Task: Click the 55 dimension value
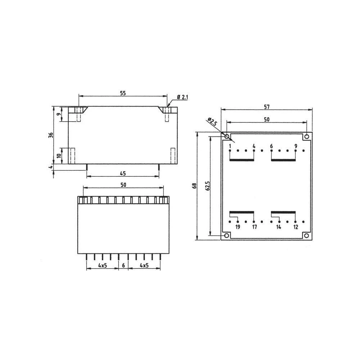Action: (123, 93)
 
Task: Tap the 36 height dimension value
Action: (51, 135)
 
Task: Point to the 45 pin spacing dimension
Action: (123, 174)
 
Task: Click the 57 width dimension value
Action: (266, 107)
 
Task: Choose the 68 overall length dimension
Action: (194, 186)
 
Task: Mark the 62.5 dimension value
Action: (207, 186)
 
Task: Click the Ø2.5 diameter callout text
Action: (212, 122)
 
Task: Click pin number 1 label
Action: (230, 146)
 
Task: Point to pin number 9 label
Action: (296, 146)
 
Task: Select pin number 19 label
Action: (238, 227)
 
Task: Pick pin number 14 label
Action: (279, 227)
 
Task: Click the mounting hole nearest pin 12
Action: (306, 235)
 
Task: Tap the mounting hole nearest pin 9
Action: (306, 136)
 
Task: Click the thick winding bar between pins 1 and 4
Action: (242, 160)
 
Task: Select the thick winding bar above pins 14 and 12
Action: (283, 212)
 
